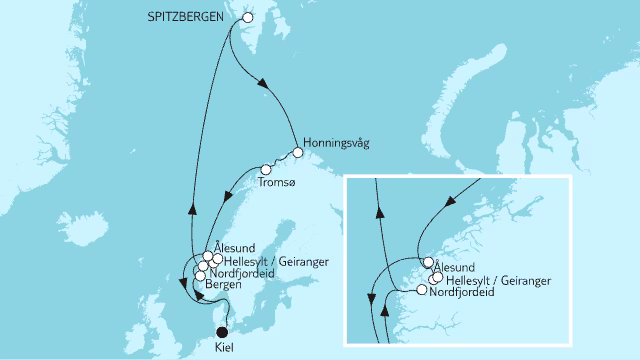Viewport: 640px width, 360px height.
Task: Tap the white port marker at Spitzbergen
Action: tap(249, 17)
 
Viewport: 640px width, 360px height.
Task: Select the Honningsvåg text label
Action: tap(336, 143)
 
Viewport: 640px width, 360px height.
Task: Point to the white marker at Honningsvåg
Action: tap(297, 153)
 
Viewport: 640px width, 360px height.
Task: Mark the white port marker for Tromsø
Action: tap(266, 169)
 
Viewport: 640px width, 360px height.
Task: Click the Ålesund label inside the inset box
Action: tap(459, 268)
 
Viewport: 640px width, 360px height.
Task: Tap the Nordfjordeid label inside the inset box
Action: tap(463, 294)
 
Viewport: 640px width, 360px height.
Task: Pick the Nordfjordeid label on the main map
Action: tap(236, 274)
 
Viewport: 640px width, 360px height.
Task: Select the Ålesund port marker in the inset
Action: tap(428, 263)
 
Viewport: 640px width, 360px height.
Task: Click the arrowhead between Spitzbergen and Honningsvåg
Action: tap(264, 87)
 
